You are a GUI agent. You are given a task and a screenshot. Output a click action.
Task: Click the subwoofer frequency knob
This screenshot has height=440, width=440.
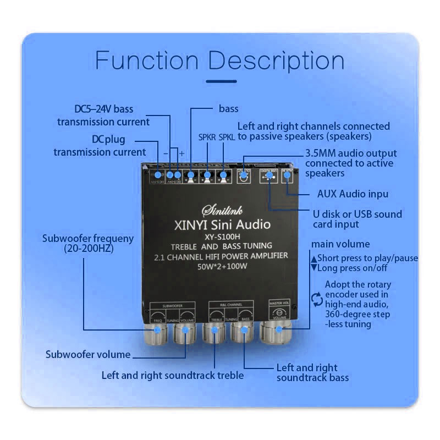click(157, 331)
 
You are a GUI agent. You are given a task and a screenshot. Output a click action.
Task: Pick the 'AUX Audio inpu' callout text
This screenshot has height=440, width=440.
click(353, 194)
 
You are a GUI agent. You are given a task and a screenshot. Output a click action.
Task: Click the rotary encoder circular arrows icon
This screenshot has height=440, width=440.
click(316, 299)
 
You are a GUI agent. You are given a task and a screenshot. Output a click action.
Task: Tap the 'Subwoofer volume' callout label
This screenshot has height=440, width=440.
click(88, 354)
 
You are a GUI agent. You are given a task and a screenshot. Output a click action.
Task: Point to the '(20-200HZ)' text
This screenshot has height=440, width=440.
click(88, 249)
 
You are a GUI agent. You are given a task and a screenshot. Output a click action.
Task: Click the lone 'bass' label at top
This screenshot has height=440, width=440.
click(229, 108)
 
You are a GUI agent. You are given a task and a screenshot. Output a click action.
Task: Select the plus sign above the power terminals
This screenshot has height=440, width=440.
click(182, 153)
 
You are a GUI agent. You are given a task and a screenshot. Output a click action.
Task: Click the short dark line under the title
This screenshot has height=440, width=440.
click(220, 81)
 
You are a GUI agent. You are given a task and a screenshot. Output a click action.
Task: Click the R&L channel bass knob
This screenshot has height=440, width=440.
click(241, 331)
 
